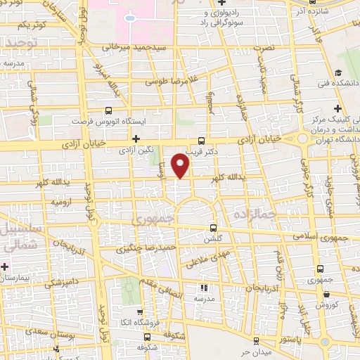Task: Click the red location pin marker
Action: click(181, 166)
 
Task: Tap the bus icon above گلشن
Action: click(214, 228)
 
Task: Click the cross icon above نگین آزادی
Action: click(136, 139)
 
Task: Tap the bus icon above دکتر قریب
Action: click(202, 140)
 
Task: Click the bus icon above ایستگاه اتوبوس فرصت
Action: click(108, 110)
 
